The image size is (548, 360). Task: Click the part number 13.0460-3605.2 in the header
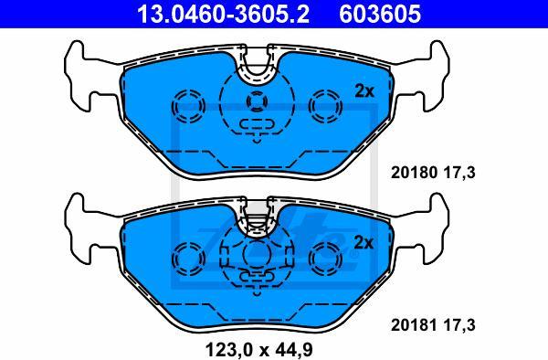223,14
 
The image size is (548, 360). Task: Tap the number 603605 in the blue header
380,14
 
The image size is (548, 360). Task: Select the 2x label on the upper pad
364,91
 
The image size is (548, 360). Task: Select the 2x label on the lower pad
364,242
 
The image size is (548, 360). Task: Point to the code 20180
414,173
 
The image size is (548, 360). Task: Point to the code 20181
414,325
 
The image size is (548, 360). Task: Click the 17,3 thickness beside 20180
459,173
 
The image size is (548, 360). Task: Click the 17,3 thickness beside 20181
459,325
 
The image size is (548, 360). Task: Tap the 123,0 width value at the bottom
227,350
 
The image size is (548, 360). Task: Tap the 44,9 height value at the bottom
294,350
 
